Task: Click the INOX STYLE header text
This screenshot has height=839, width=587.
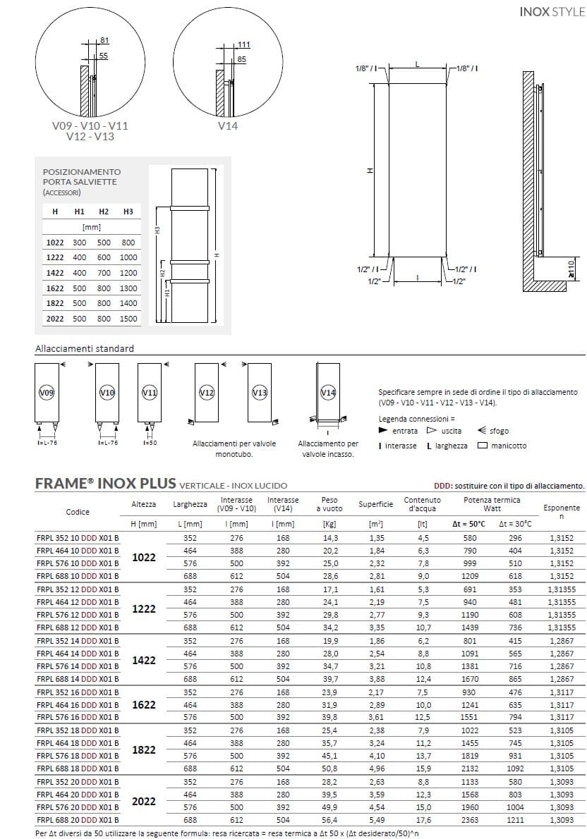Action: coord(552,12)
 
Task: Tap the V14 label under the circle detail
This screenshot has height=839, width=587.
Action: coord(227,125)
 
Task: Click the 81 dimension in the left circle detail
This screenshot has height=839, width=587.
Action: coord(105,41)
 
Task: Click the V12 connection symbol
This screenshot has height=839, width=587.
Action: coord(207,392)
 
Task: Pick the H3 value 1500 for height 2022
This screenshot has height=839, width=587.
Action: coord(128,319)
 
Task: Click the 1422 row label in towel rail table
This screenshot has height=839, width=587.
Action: coord(54,273)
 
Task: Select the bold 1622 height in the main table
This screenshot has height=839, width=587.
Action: coord(144,705)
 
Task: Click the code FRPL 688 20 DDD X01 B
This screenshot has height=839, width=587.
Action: coord(78,820)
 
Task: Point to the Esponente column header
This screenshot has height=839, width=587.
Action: coord(561,508)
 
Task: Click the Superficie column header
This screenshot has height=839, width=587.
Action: coord(375,505)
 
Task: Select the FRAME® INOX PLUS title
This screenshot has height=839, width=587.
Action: coord(105,485)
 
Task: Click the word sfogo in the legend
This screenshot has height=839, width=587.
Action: coord(499,431)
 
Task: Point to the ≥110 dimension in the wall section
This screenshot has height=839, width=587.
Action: coord(572,269)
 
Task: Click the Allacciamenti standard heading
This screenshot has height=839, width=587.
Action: coord(84,348)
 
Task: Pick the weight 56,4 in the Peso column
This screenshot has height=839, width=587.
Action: coord(329,820)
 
